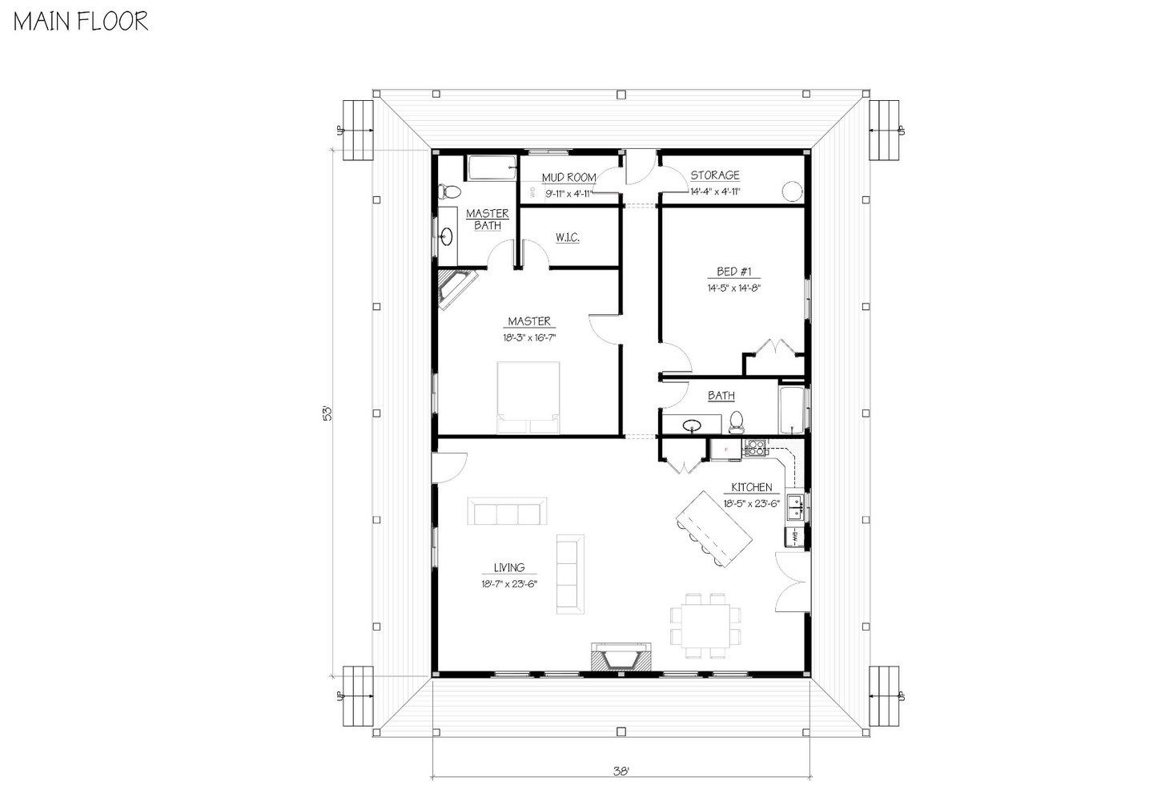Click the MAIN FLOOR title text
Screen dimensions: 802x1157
pos(81,21)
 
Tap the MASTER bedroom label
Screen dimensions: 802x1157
pos(528,321)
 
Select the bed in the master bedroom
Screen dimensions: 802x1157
pos(528,398)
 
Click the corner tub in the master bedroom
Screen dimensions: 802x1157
pos(454,286)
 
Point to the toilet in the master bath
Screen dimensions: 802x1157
pos(450,191)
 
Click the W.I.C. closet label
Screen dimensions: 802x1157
pos(567,238)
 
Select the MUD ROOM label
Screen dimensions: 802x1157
pos(568,177)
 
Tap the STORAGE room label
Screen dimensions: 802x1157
pos(715,175)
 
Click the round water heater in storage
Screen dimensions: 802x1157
pos(791,191)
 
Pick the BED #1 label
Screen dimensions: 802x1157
pos(733,272)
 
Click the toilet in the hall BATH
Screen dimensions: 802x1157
pos(737,421)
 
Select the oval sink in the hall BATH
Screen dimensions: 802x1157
pos(692,425)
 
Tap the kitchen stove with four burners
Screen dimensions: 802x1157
pos(755,449)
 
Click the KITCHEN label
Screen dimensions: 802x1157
pos(751,487)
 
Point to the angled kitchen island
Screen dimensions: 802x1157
pos(714,529)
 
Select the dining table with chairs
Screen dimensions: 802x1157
pos(705,625)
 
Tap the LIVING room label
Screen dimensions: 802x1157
pos(509,568)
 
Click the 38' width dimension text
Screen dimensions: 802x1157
pos(621,772)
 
